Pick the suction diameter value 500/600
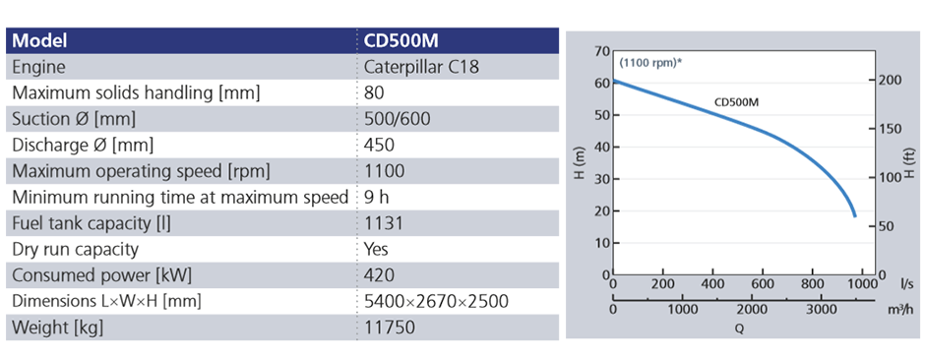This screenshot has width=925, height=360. [397, 119]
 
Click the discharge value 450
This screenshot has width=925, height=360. [379, 145]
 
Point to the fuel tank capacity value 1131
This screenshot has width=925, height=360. [383, 222]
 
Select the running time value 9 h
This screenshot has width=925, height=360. [377, 197]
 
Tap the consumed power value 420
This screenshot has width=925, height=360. [379, 274]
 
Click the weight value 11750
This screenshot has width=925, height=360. [389, 327]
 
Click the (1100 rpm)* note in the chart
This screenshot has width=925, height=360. [650, 63]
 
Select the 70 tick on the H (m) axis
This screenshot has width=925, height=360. [602, 50]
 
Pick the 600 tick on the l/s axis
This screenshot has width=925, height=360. [763, 284]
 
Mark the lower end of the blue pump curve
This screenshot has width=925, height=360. [854, 215]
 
